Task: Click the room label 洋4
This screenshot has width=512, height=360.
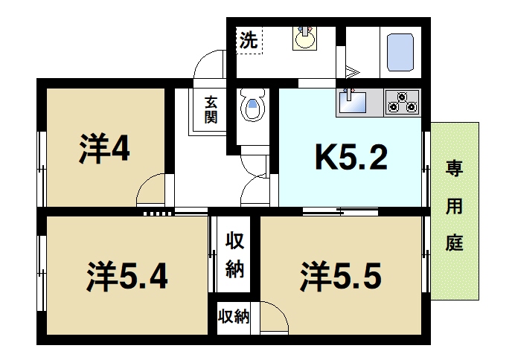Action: pyautogui.click(x=105, y=148)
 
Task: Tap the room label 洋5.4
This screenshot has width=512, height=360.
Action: pyautogui.click(x=124, y=277)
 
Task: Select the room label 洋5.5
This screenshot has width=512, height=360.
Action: pyautogui.click(x=341, y=276)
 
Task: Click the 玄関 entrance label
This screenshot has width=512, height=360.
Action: pyautogui.click(x=211, y=110)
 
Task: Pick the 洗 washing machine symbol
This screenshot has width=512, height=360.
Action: pyautogui.click(x=249, y=40)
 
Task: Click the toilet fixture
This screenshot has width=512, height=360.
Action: pyautogui.click(x=252, y=105)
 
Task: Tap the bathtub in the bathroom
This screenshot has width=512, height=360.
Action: pyautogui.click(x=400, y=50)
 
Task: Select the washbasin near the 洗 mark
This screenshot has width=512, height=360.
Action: pyautogui.click(x=304, y=39)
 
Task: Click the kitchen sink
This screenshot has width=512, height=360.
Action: pyautogui.click(x=353, y=100)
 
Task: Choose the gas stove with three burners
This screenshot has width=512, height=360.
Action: pyautogui.click(x=402, y=101)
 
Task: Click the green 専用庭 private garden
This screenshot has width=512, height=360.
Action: pyautogui.click(x=455, y=210)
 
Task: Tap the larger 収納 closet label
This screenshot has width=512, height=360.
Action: pyautogui.click(x=234, y=255)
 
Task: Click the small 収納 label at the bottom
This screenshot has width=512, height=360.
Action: pyautogui.click(x=233, y=317)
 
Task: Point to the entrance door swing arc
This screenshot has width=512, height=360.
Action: pyautogui.click(x=211, y=65)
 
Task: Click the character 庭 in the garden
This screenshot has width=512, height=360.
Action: pyautogui.click(x=455, y=243)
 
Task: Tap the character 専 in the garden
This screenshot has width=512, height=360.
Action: pyautogui.click(x=455, y=169)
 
